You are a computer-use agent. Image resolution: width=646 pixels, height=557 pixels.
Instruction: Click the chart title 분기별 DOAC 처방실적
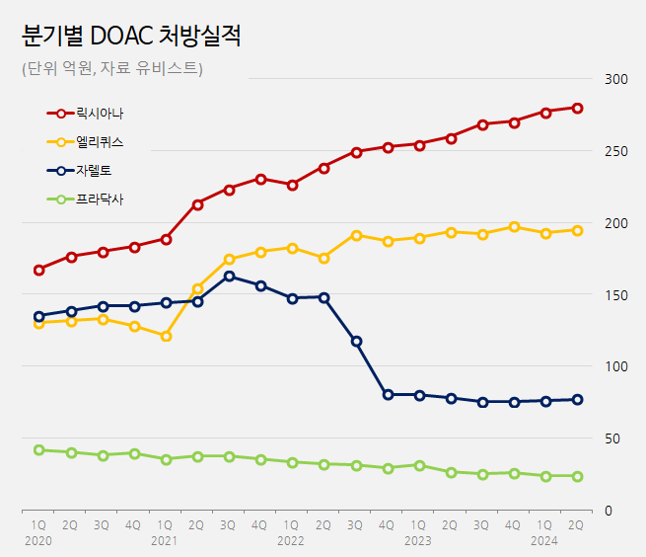point(131,37)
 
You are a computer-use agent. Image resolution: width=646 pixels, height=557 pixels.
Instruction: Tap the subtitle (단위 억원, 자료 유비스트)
point(111,68)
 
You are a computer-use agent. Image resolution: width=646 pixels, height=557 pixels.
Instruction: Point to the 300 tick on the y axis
point(616,79)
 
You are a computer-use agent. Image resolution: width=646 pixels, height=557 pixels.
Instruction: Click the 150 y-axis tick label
point(616,294)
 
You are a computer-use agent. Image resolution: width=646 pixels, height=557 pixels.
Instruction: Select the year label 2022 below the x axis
point(290,541)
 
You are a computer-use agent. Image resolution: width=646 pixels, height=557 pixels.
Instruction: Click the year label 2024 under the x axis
point(543,541)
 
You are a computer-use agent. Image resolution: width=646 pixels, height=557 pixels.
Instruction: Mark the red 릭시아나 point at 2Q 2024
point(577,109)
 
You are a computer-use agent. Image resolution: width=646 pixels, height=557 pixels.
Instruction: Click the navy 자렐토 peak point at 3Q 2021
point(229,277)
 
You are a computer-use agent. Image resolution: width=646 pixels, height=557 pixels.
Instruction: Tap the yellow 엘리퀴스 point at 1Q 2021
point(166,336)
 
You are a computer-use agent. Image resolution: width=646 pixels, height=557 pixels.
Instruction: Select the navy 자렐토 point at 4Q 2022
point(388,394)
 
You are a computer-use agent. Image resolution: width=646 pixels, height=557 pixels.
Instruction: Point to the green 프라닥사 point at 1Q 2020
point(39,450)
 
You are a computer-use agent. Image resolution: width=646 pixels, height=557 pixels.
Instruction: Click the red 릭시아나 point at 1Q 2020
point(39,270)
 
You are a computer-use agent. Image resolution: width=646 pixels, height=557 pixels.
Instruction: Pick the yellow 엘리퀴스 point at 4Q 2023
point(514,227)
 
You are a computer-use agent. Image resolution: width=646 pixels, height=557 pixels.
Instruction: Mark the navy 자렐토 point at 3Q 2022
point(356,341)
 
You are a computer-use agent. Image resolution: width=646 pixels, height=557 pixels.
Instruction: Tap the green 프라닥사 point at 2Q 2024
point(577,476)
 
